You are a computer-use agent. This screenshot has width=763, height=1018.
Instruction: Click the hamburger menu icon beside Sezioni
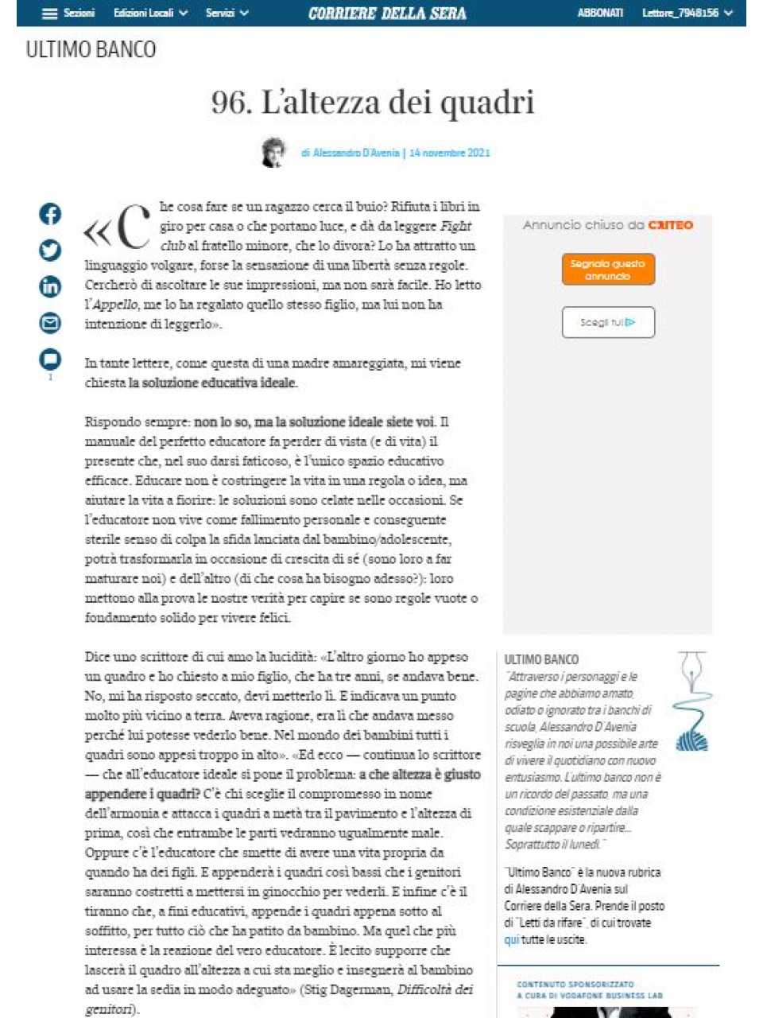[49, 14]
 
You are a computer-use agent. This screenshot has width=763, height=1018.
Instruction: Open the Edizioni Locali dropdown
[150, 14]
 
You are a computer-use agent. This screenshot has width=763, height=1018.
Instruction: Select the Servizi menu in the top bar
[227, 14]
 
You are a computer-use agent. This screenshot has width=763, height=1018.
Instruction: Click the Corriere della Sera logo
[387, 14]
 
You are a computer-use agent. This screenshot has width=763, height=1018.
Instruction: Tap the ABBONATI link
[600, 14]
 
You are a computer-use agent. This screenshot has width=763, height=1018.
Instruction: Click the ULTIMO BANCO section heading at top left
[91, 50]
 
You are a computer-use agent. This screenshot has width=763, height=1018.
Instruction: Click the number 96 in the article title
[228, 103]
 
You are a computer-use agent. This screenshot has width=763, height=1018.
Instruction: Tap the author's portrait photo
[273, 152]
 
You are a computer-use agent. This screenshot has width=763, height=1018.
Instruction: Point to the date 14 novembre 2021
[450, 153]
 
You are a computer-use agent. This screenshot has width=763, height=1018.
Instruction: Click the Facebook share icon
[50, 214]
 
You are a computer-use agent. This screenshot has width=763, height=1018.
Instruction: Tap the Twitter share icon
[50, 251]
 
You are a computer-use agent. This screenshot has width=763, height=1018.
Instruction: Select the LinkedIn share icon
[50, 286]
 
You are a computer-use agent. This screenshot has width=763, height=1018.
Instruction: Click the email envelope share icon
[50, 323]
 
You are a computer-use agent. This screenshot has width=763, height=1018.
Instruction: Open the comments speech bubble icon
[50, 359]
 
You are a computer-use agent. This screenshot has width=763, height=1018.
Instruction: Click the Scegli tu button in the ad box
[608, 322]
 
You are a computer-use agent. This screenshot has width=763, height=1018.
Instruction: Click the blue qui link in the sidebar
[511, 940]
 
